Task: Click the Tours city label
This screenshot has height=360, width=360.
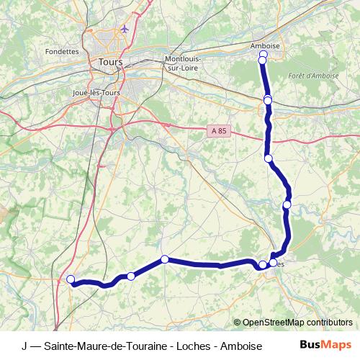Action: [x=112, y=63]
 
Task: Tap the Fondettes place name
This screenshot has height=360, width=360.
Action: [x=61, y=52]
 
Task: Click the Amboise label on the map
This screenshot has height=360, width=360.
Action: [x=264, y=45]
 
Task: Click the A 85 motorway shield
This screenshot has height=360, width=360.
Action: [x=220, y=130]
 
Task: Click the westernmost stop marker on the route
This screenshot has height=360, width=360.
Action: [x=71, y=279]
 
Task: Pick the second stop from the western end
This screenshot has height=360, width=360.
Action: [x=131, y=276]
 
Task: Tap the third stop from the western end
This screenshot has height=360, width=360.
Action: [x=165, y=259]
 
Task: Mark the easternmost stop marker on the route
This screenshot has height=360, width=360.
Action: [x=287, y=205]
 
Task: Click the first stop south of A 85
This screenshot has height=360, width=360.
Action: [x=269, y=158]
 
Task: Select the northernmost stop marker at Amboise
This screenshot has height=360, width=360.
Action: [x=263, y=55]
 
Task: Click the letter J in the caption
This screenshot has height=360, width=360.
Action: [x=24, y=345]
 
